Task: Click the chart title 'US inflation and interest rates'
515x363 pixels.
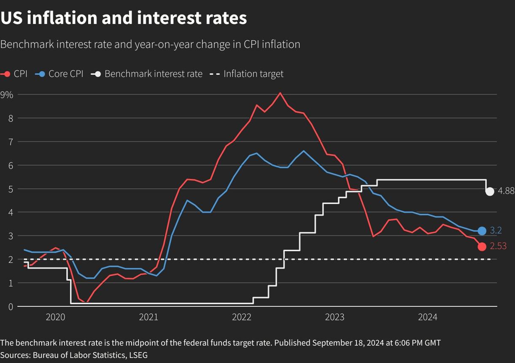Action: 124,18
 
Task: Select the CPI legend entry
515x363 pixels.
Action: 14,74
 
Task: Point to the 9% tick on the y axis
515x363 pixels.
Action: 7,95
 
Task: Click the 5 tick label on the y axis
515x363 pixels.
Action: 10,189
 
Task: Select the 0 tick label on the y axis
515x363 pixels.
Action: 10,306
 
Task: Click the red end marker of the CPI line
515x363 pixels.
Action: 482,247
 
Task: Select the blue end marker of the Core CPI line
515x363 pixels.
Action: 482,231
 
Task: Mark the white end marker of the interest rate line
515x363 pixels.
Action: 490,192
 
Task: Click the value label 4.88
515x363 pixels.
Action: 506,191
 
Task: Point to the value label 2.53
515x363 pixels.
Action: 498,246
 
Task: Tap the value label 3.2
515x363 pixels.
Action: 496,231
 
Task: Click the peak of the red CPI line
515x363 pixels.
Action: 280,93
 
